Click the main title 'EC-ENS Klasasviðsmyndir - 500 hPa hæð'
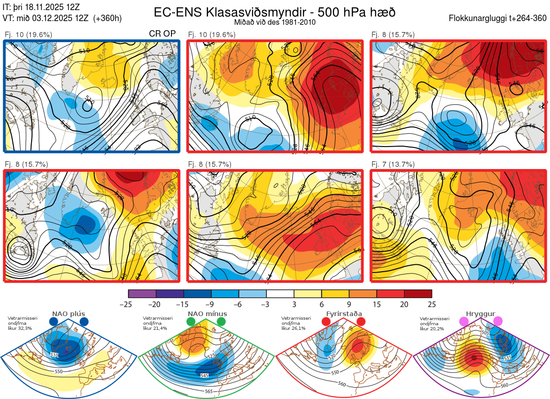click(x=275, y=12)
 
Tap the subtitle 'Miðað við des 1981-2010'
click(x=275, y=22)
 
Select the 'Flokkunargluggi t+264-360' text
click(x=499, y=18)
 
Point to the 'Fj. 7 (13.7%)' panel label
click(x=393, y=164)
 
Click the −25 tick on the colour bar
click(x=128, y=304)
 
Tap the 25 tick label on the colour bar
click(x=431, y=304)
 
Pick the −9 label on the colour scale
click(x=211, y=304)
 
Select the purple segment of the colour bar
click(x=142, y=294)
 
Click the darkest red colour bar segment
click(x=418, y=294)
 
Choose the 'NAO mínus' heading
click(x=207, y=314)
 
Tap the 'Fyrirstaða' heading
click(x=344, y=314)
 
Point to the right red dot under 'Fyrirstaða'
click(x=361, y=322)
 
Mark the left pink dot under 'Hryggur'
click(x=464, y=322)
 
